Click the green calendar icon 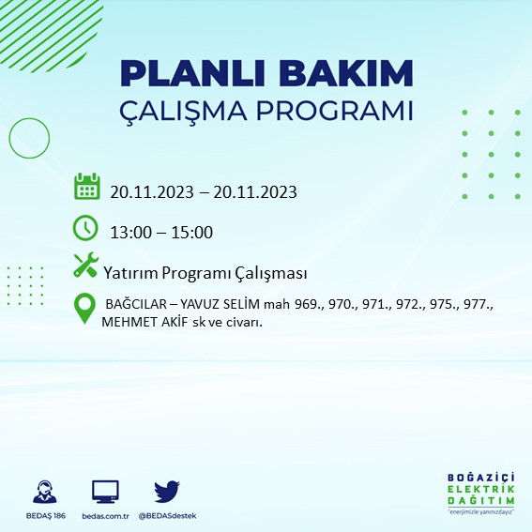86,187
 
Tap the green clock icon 85,228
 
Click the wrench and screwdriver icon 85,266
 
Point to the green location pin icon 85,309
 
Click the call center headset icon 42,493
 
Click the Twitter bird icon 167,492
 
